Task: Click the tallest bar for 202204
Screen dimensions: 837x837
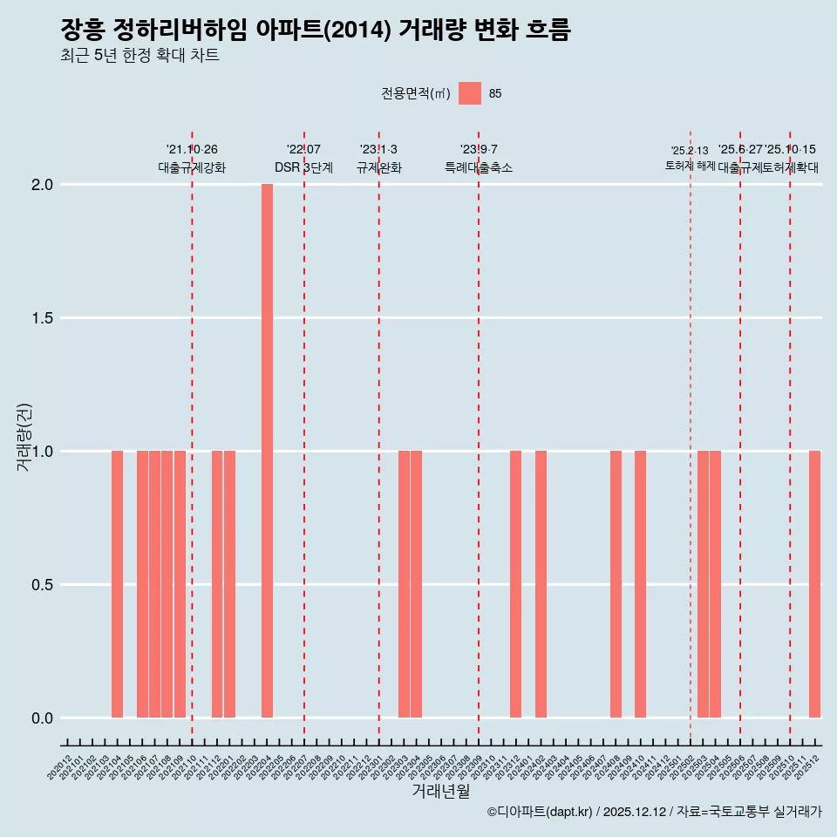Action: (267, 451)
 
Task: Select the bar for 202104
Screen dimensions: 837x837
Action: (117, 584)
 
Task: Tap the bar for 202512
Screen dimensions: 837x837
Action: (814, 584)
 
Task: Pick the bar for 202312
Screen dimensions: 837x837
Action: (515, 584)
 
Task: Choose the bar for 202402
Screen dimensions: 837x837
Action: (541, 584)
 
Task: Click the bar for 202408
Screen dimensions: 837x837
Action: (616, 584)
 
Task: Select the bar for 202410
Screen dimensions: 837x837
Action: (640, 584)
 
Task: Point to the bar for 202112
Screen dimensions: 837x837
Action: (217, 584)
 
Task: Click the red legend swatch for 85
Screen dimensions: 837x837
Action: (470, 93)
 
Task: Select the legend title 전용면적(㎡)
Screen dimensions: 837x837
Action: (415, 93)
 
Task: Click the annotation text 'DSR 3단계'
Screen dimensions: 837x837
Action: (303, 167)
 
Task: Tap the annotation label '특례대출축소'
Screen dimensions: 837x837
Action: (478, 167)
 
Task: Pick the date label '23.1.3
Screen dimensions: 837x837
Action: (378, 150)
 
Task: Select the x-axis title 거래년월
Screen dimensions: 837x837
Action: (440, 791)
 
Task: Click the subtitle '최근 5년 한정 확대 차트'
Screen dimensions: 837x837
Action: (139, 56)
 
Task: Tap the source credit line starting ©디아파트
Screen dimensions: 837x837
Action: (654, 812)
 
